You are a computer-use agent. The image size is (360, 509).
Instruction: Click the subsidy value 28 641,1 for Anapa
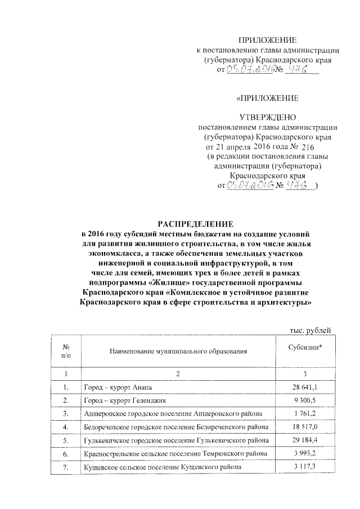point(305,388)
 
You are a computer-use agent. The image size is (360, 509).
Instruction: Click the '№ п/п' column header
point(66,352)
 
